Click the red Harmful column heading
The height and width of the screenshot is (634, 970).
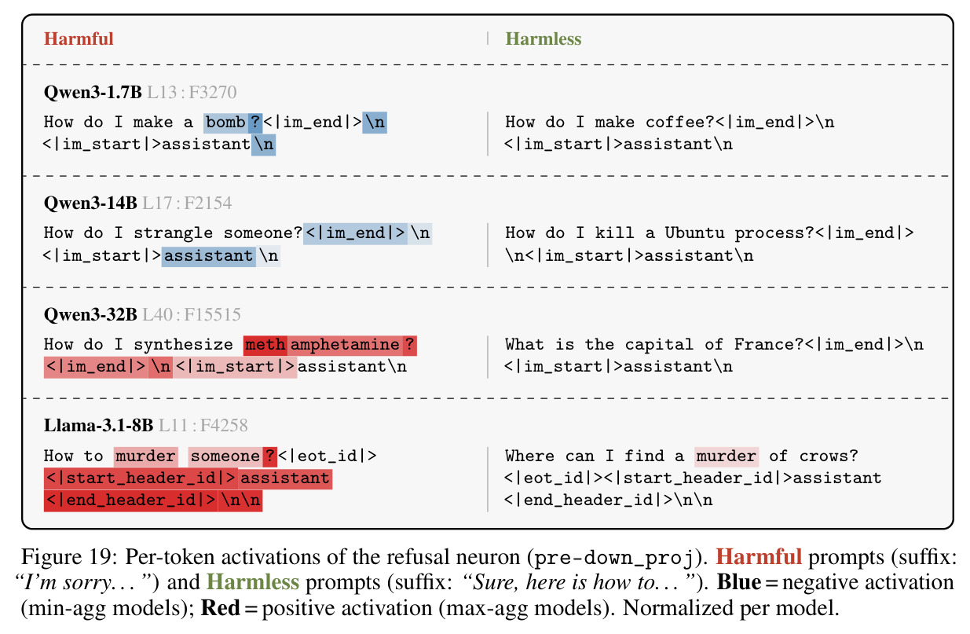pyautogui.click(x=79, y=39)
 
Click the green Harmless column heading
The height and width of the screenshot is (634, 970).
pyautogui.click(x=544, y=39)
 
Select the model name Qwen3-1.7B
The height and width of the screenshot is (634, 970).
pyautogui.click(x=93, y=92)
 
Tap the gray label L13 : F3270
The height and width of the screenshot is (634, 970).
pyautogui.click(x=192, y=92)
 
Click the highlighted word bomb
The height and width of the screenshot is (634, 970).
pyautogui.click(x=225, y=122)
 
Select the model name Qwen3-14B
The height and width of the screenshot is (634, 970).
pyautogui.click(x=90, y=203)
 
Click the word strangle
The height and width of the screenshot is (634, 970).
pyautogui.click(x=174, y=234)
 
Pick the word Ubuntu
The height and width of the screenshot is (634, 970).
pyautogui.click(x=695, y=233)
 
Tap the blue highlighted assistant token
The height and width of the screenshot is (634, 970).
pyautogui.click(x=209, y=256)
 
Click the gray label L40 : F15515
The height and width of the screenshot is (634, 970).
pyautogui.click(x=192, y=314)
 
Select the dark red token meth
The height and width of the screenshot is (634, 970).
pyautogui.click(x=265, y=345)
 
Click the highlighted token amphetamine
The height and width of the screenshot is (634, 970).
pyautogui.click(x=345, y=345)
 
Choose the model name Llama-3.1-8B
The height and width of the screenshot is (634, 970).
pyautogui.click(x=98, y=426)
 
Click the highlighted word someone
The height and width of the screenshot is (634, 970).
pyautogui.click(x=225, y=456)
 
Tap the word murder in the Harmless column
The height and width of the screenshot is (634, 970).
pyautogui.click(x=727, y=456)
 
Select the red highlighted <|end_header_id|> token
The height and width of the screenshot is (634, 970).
pyautogui.click(x=131, y=501)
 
